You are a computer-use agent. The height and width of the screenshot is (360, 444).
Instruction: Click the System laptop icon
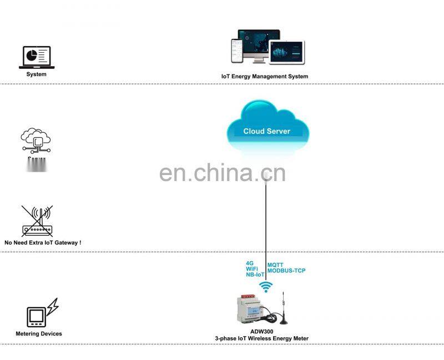pyautogui.click(x=36, y=57)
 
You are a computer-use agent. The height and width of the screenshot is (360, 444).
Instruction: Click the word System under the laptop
pyautogui.click(x=37, y=74)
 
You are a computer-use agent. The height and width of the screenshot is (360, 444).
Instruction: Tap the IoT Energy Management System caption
pyautogui.click(x=265, y=76)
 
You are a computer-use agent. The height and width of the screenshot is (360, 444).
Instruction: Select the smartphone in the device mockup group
pyautogui.click(x=236, y=51)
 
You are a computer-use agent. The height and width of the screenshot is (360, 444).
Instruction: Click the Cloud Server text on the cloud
pyautogui.click(x=267, y=132)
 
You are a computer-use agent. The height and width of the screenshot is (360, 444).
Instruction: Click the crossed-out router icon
pyautogui.click(x=37, y=221)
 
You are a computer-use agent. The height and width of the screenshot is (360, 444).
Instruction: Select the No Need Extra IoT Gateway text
pyautogui.click(x=43, y=243)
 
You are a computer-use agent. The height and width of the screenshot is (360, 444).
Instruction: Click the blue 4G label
pyautogui.click(x=250, y=263)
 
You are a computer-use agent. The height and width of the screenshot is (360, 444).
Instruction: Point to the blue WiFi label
pyautogui.click(x=252, y=269)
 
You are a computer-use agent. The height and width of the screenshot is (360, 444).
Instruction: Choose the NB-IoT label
pyautogui.click(x=255, y=275)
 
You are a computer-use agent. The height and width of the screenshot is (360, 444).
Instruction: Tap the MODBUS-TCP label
pyautogui.click(x=286, y=271)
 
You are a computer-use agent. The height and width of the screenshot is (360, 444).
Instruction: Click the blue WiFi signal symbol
pyautogui.click(x=266, y=287)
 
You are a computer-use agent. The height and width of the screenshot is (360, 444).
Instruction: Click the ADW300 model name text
pyautogui.click(x=261, y=332)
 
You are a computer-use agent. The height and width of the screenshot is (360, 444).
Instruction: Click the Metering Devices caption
pyautogui.click(x=39, y=334)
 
